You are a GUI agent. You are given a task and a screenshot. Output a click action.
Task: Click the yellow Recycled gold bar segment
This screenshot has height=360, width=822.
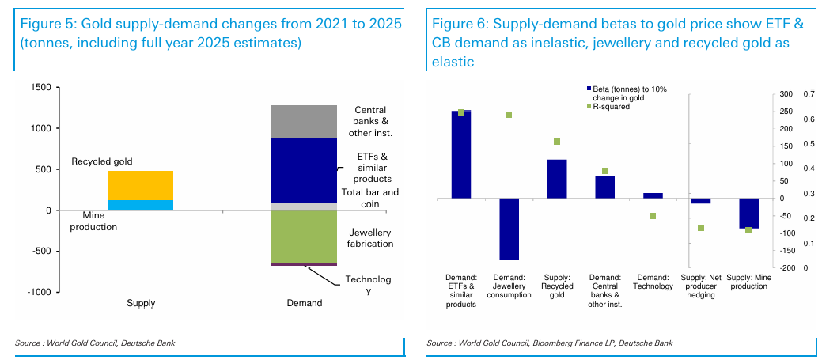(140, 185)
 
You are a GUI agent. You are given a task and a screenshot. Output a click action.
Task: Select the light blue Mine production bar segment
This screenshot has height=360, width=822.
(140, 205)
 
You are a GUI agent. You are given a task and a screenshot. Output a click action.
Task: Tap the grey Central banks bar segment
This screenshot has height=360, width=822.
(305, 121)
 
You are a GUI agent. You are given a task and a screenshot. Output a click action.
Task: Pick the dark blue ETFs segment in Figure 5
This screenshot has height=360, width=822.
(305, 171)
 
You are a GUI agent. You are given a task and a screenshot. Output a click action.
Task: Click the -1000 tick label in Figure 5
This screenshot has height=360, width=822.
(40, 292)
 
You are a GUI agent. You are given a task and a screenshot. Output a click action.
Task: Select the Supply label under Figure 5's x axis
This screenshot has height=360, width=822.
(141, 303)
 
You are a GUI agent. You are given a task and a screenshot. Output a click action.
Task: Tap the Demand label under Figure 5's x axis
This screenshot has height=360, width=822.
(305, 303)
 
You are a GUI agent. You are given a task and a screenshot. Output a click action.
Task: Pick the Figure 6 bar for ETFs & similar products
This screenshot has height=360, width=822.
(460, 154)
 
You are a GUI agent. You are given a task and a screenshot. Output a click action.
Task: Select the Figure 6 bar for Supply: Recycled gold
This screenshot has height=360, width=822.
(557, 179)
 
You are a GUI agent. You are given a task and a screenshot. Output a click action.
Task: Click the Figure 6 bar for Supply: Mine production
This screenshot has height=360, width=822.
(748, 213)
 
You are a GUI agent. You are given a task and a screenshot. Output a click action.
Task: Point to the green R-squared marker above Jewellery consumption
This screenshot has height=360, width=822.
(509, 115)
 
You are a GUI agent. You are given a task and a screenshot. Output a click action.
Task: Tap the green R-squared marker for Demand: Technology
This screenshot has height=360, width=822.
(653, 216)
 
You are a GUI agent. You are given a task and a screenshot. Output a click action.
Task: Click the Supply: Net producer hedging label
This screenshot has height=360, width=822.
(700, 286)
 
